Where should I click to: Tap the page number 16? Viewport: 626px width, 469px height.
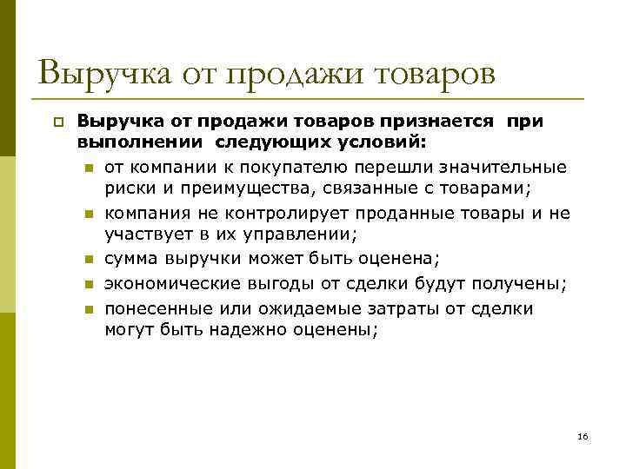pyautogui.click(x=583, y=435)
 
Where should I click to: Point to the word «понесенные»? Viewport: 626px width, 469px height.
pyautogui.click(x=149, y=308)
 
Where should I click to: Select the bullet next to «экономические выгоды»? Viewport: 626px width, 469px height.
pyautogui.click(x=89, y=285)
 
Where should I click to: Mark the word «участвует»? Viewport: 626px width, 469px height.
pyautogui.click(x=144, y=234)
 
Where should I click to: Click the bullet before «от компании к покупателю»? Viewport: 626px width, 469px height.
pyautogui.click(x=89, y=168)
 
